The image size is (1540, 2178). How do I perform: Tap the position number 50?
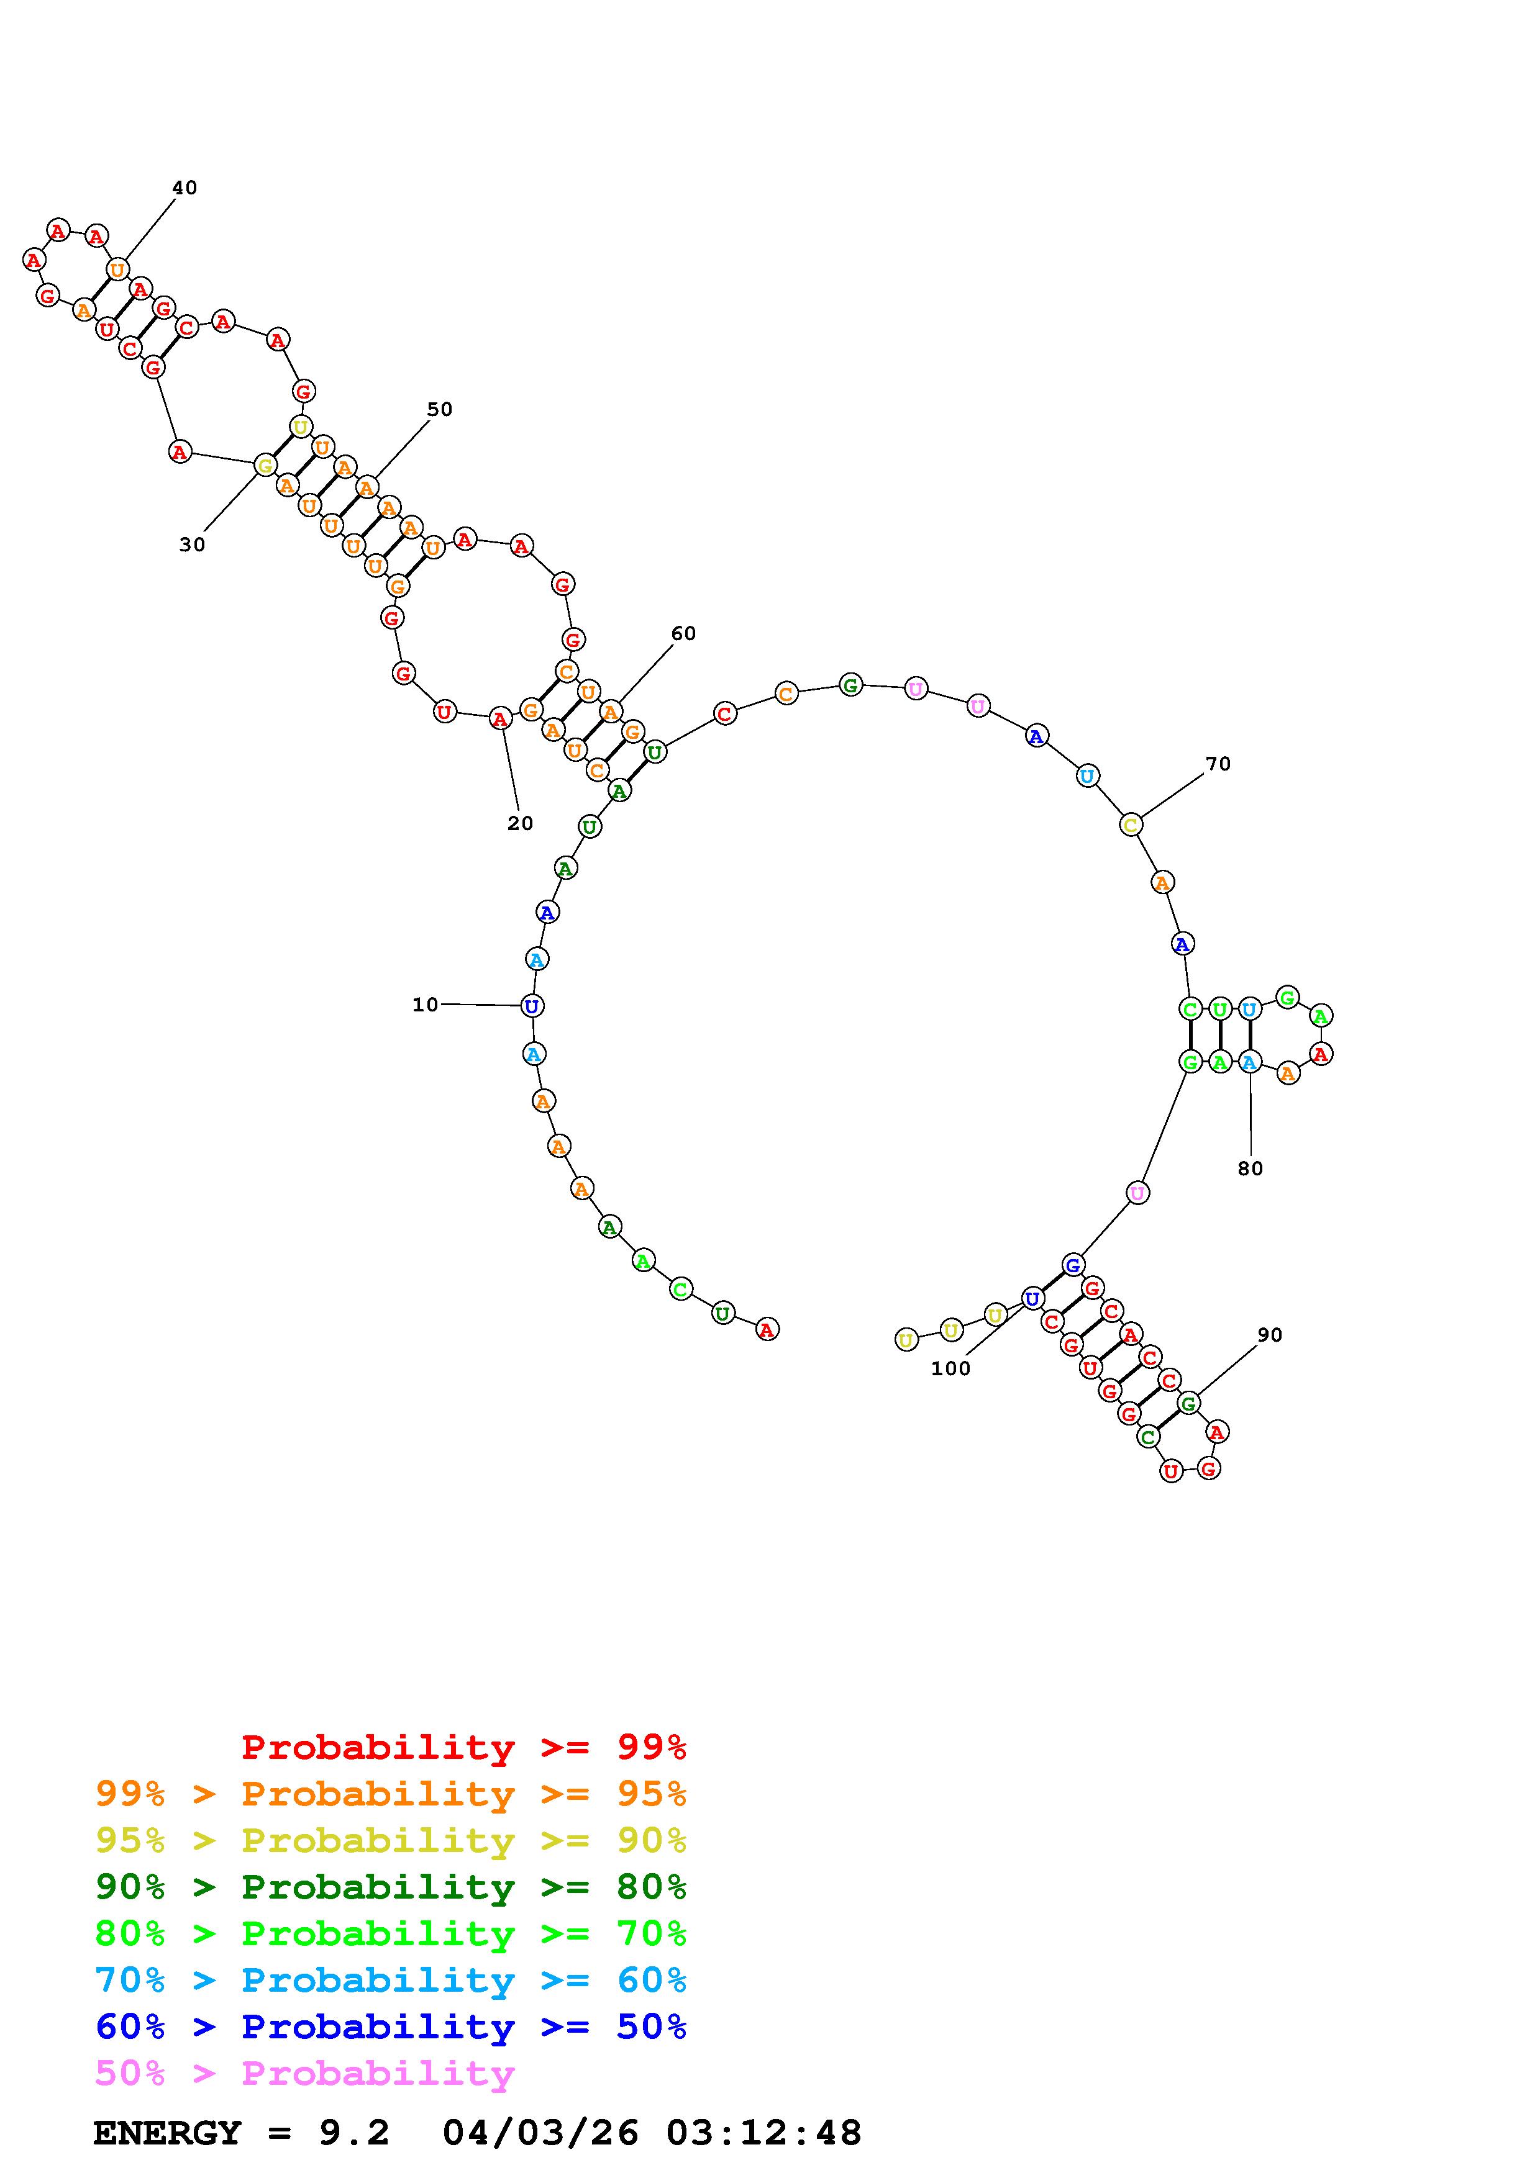[x=439, y=410]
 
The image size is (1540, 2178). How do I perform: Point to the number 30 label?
[x=193, y=544]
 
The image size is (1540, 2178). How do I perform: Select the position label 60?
[x=683, y=634]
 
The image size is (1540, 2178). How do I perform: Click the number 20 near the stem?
[x=520, y=823]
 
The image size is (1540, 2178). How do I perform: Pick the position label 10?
[x=425, y=1005]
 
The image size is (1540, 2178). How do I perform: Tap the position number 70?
[x=1218, y=764]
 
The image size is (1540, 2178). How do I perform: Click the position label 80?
[x=1251, y=1168]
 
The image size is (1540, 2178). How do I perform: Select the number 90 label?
[x=1270, y=1335]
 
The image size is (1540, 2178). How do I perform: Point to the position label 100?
[x=950, y=1368]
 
